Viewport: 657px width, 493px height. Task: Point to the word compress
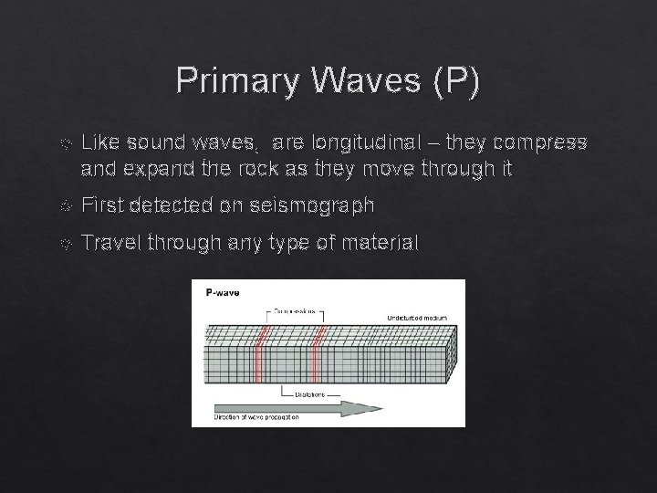click(x=543, y=142)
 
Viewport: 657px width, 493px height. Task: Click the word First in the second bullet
click(x=102, y=205)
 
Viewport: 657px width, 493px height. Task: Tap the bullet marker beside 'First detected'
click(x=61, y=206)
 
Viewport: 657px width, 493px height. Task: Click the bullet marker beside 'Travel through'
click(x=61, y=244)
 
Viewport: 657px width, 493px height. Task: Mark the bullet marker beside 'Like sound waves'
click(x=61, y=143)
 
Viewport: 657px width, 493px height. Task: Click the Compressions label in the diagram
click(x=291, y=311)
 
